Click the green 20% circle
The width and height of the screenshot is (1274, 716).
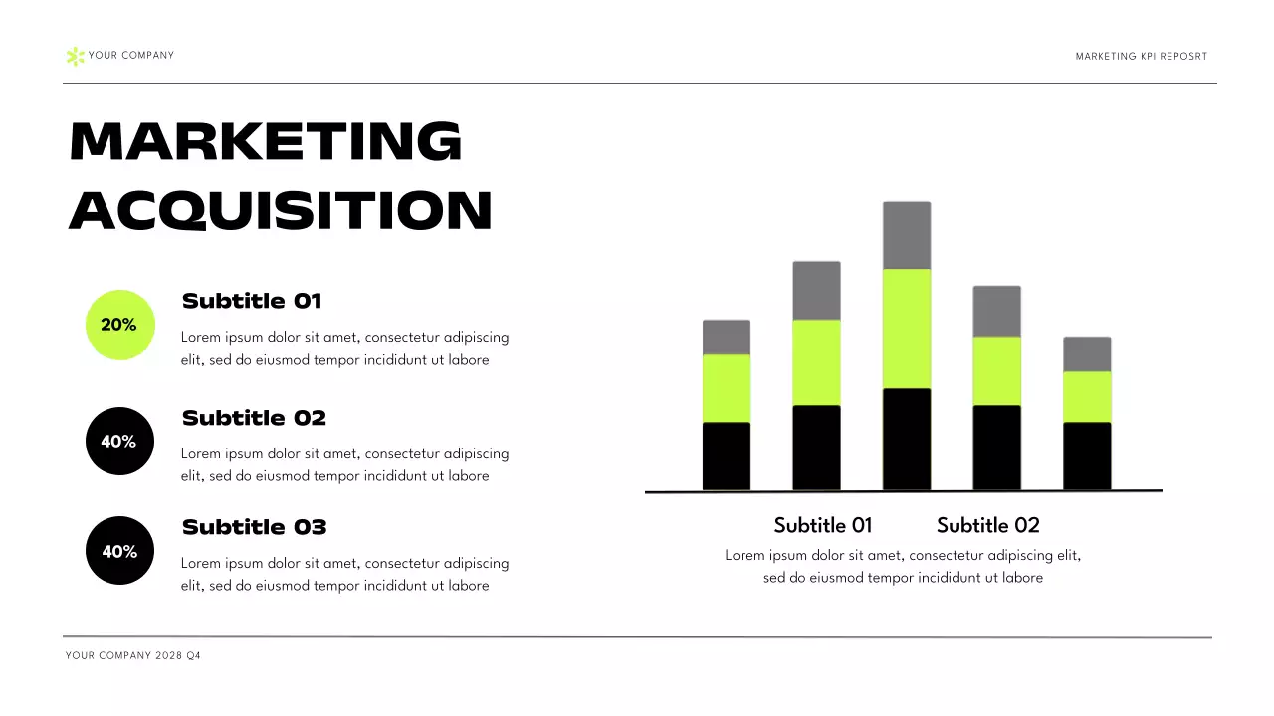coord(120,325)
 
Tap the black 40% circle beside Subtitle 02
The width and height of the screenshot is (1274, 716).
coord(119,441)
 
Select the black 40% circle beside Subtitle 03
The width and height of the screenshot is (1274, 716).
coord(119,550)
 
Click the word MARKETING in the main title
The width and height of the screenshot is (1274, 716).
coord(266,141)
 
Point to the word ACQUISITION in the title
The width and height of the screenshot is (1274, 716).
coord(281,211)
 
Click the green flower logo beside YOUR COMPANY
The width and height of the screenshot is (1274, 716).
coord(75,56)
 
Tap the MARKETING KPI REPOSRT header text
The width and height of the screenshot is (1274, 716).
coord(1141,57)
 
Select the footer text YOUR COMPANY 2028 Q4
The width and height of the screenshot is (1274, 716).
coord(133,656)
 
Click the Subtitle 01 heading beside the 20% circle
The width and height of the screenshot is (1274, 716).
coord(252,301)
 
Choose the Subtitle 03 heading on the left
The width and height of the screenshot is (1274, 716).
coord(254,527)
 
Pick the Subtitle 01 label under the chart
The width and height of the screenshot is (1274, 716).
coord(822,525)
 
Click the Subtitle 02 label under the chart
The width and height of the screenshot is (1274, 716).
coord(987,525)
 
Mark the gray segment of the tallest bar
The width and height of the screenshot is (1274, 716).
coord(907,236)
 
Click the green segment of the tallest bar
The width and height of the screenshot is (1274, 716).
coord(907,328)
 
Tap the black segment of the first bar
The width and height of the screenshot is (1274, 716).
coord(727,455)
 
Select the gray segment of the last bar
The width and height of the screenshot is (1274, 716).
coord(1087,354)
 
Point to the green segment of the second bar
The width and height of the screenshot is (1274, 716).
coord(816,362)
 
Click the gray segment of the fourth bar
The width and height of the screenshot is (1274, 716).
coord(996,311)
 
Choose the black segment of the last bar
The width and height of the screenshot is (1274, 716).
coord(1087,455)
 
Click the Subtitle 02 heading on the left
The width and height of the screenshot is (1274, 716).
coord(254,418)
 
